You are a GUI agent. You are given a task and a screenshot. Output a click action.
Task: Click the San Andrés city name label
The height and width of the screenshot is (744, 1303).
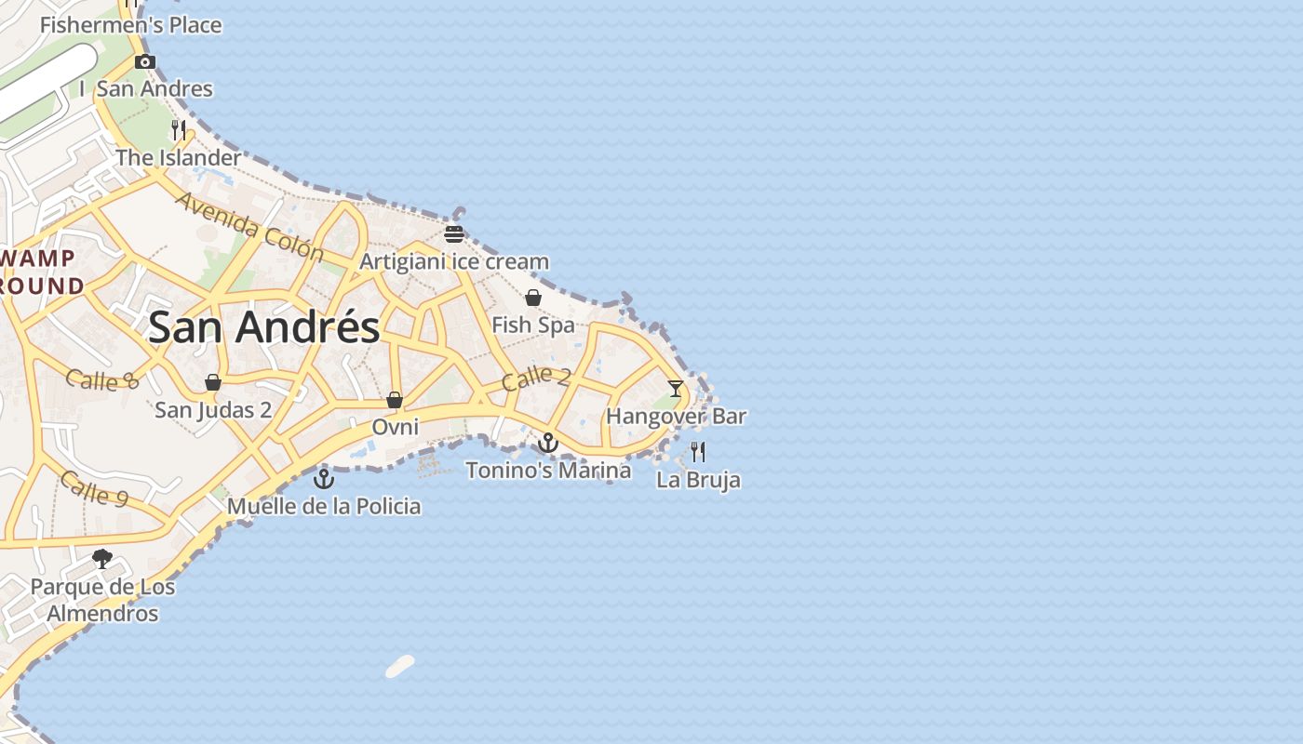pos(264,327)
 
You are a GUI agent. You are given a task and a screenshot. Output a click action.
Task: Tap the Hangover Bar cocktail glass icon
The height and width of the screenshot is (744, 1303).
pos(676,389)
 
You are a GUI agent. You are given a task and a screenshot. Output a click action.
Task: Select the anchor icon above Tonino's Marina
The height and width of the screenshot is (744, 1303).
pos(548,443)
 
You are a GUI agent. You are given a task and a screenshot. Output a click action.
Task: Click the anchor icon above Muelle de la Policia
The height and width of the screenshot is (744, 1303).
pos(324,479)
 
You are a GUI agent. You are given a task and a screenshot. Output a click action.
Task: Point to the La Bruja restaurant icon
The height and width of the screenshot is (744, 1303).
pos(698,452)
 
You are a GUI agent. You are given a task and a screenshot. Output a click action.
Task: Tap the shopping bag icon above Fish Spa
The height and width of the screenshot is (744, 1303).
pos(533,298)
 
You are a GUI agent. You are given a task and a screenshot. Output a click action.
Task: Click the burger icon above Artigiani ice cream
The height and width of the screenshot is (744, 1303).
pos(454,233)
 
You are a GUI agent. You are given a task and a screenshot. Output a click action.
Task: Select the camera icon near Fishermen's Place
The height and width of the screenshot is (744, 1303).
pos(144,62)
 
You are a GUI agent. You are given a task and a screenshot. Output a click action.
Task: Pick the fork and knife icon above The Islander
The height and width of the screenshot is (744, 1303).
pos(179,129)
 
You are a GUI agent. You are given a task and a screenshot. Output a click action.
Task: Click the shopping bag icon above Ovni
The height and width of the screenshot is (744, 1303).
pos(395,400)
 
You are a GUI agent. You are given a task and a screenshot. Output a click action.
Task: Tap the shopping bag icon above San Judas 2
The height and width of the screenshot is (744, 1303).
pos(213,382)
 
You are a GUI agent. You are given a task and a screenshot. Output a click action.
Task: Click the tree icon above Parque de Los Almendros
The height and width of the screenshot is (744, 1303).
pos(102,559)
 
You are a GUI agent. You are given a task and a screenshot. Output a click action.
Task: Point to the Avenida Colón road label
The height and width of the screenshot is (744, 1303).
pos(249,228)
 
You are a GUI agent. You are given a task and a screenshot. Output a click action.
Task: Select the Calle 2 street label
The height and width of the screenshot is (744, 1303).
pos(536,378)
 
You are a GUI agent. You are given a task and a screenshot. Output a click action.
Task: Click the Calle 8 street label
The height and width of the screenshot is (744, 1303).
pos(102,379)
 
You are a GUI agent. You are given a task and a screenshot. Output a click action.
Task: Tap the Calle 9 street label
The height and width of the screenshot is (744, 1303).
pos(94,488)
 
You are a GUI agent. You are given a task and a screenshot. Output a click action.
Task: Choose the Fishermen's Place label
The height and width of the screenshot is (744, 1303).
pos(131,25)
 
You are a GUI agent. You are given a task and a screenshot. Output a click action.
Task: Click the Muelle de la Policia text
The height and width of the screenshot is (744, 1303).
pos(324,507)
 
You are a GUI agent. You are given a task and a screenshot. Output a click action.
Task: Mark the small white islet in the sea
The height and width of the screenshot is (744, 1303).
pos(400,666)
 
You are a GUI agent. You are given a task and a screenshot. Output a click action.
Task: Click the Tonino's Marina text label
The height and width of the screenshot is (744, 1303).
pos(548,471)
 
